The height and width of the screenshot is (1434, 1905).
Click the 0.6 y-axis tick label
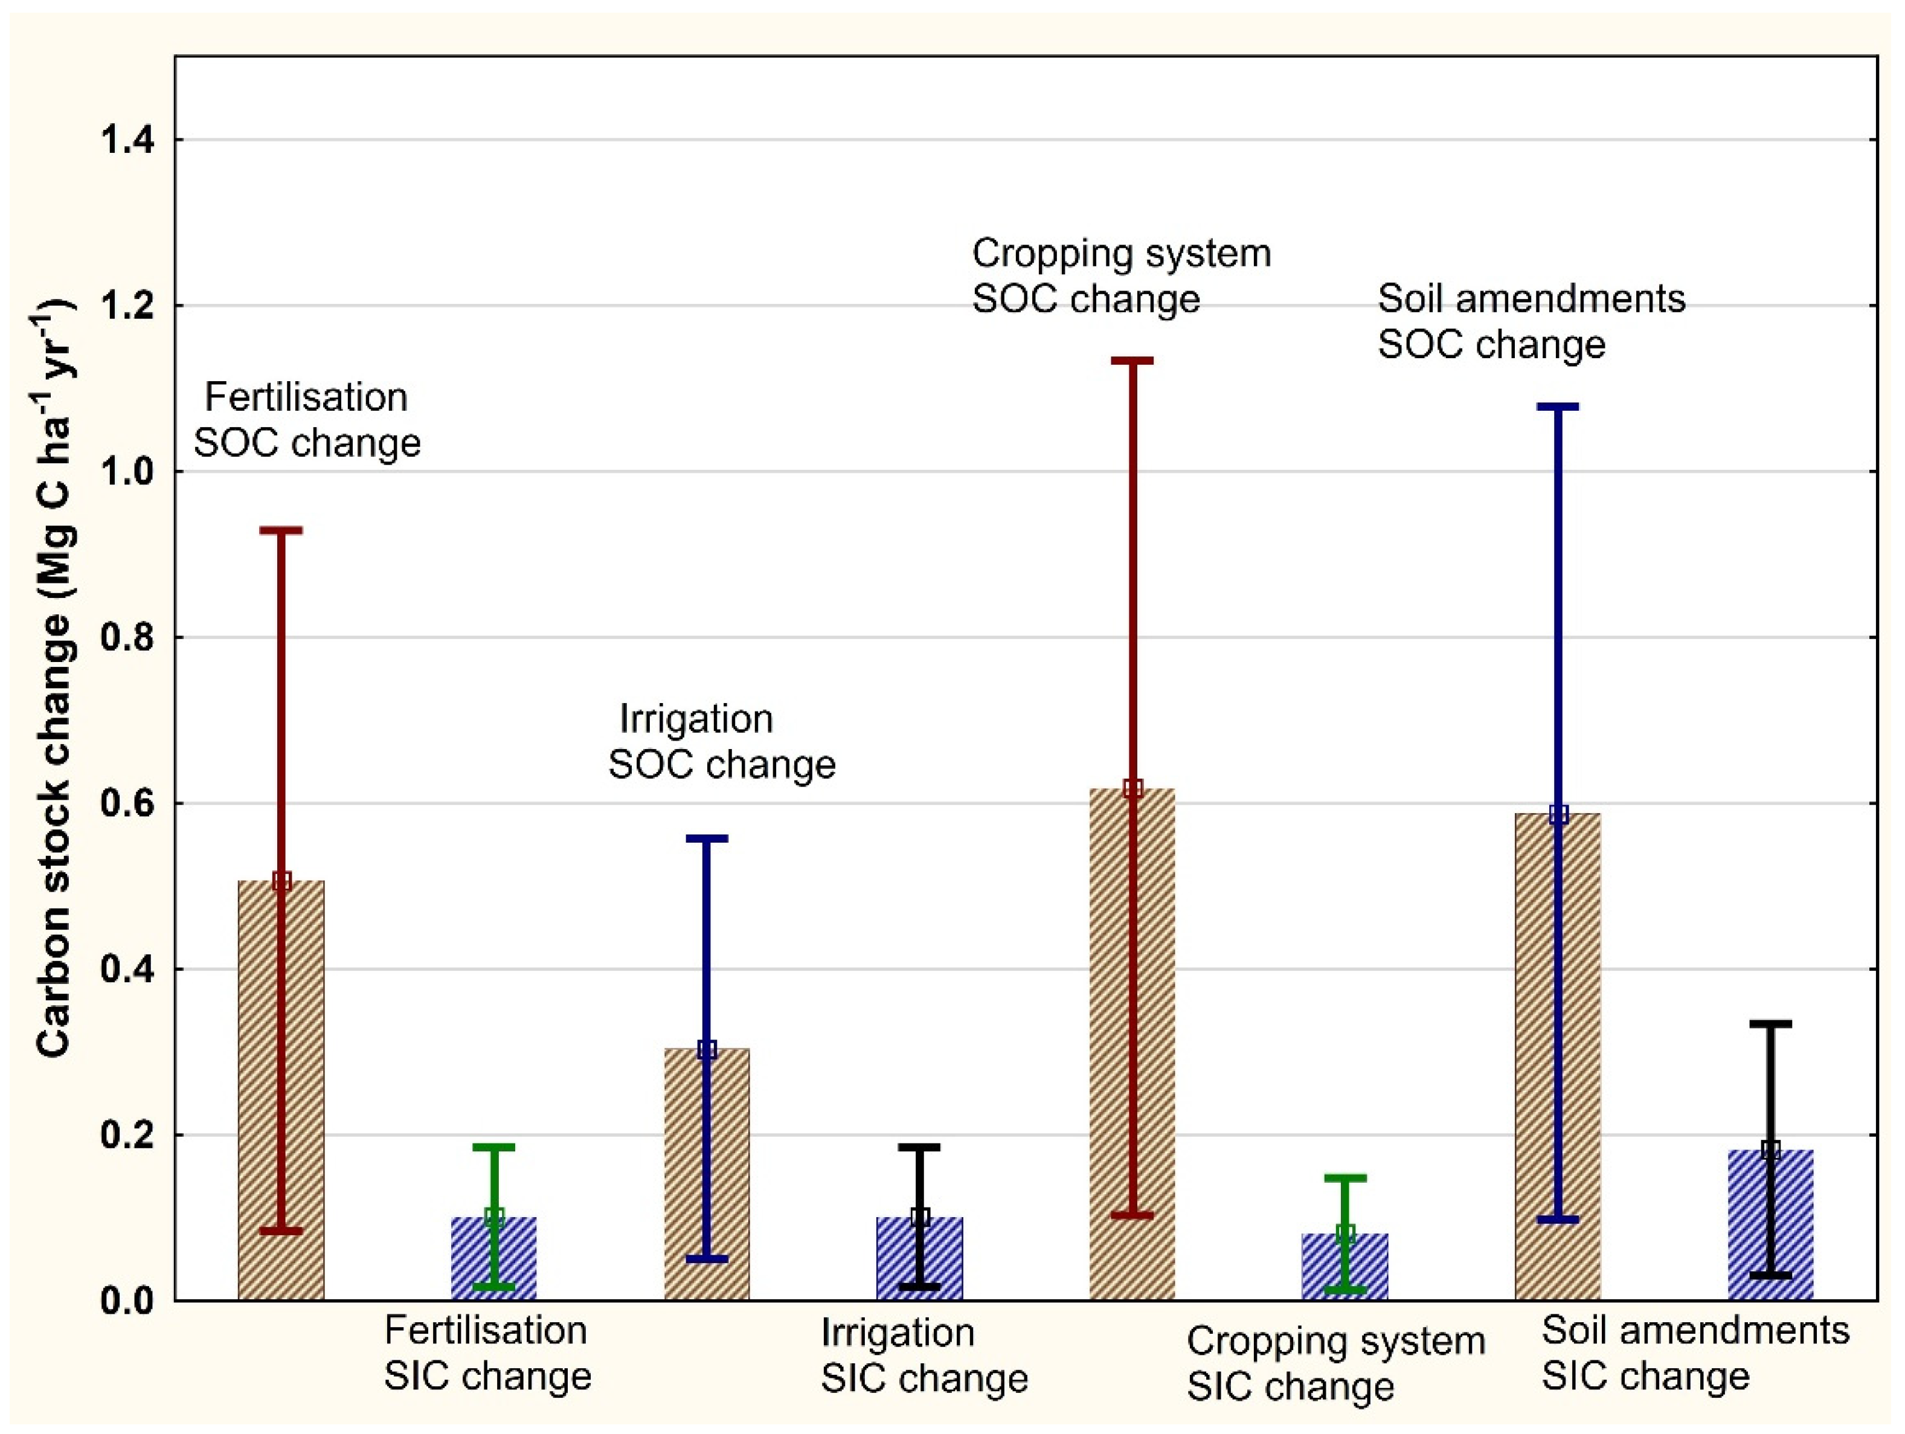click(x=127, y=803)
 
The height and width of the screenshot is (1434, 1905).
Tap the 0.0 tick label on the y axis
click(x=127, y=1301)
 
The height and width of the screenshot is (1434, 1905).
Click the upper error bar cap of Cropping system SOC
click(x=1132, y=361)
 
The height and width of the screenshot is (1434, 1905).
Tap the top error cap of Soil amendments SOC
click(x=1558, y=407)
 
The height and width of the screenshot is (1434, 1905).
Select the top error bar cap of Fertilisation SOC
click(x=281, y=530)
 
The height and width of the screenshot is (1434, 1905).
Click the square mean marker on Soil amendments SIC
click(x=1771, y=1149)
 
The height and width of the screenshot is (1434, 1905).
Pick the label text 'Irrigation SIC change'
click(x=924, y=1355)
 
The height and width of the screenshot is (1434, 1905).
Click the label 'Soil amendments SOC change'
click(x=1531, y=321)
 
